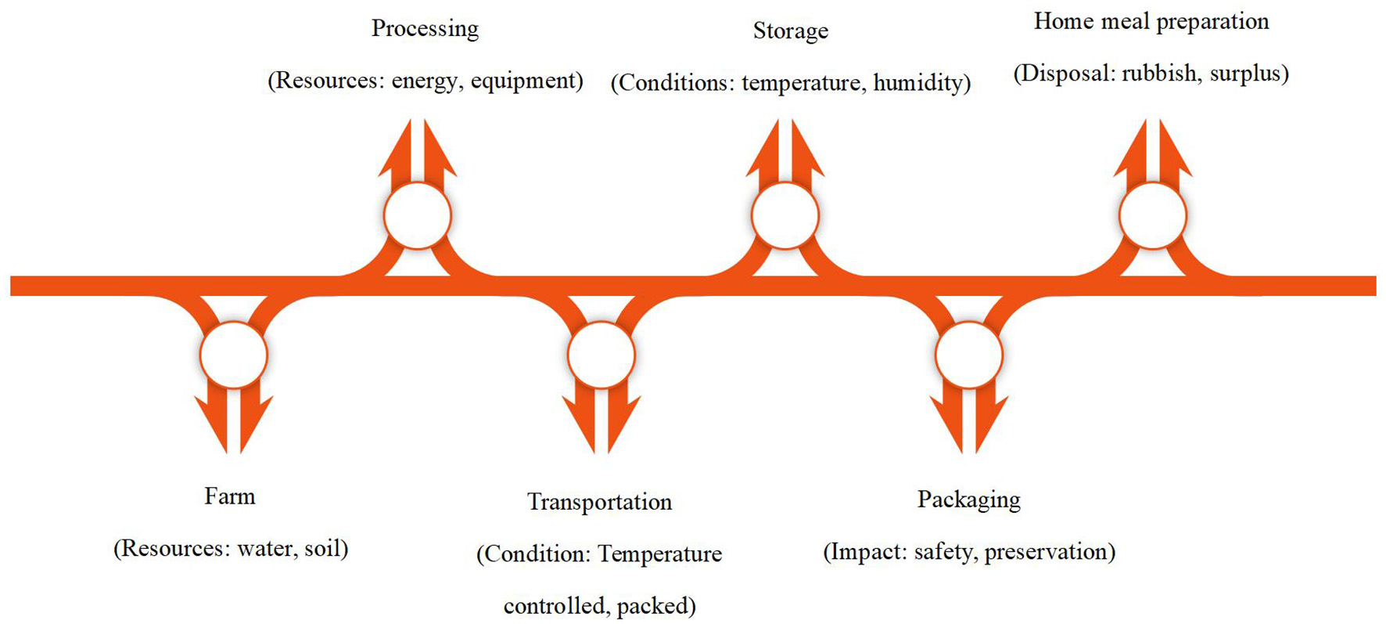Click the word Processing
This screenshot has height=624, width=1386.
click(x=425, y=29)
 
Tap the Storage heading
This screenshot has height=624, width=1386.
click(x=790, y=31)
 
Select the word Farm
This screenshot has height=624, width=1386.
click(x=229, y=496)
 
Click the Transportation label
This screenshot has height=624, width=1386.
click(x=599, y=502)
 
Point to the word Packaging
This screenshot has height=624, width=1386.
click(x=968, y=500)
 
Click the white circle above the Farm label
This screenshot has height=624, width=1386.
click(x=233, y=355)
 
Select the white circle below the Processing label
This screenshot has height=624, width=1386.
click(x=418, y=215)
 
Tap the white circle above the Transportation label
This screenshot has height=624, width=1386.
click(x=601, y=355)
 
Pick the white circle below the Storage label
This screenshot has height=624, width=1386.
click(x=785, y=215)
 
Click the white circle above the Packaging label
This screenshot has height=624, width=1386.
click(x=968, y=355)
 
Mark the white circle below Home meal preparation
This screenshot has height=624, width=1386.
click(x=1153, y=215)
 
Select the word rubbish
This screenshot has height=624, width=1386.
click(x=1159, y=74)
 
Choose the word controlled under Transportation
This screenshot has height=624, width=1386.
click(x=555, y=606)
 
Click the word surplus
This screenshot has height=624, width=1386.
click(x=1245, y=74)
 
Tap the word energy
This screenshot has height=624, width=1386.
click(x=424, y=81)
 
